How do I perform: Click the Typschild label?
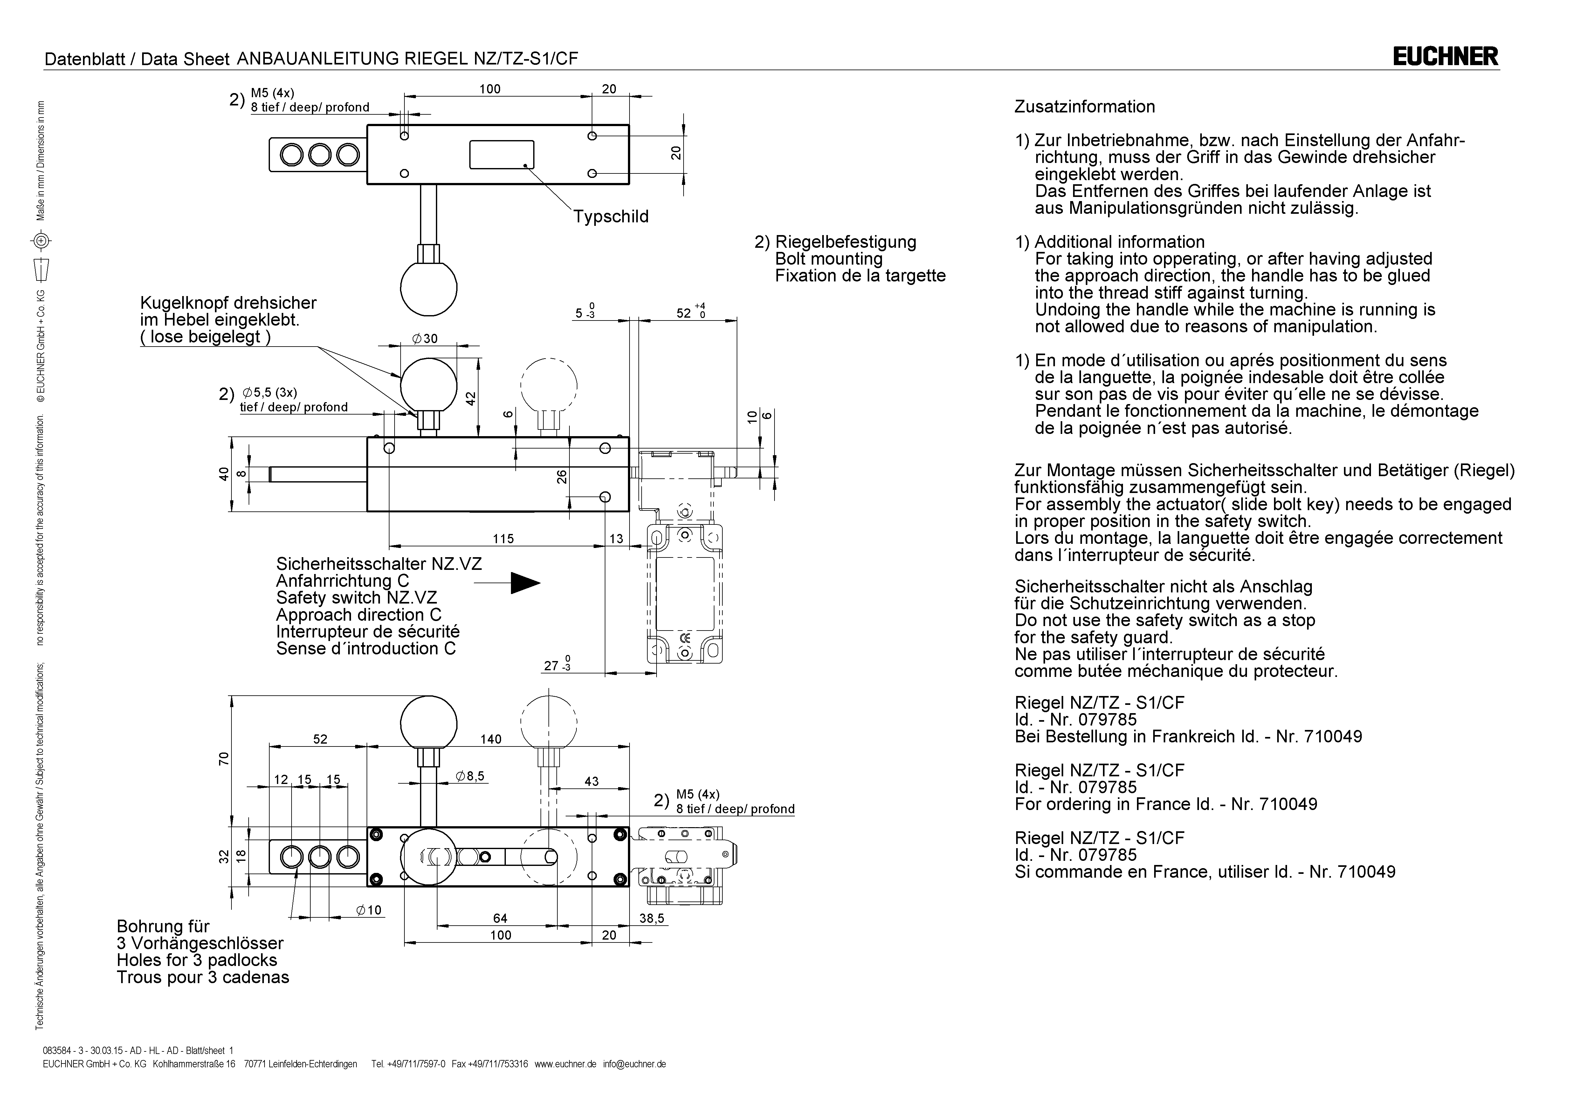click(610, 217)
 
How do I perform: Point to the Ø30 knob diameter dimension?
click(424, 338)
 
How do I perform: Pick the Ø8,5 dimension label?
click(470, 776)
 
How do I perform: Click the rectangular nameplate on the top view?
click(501, 154)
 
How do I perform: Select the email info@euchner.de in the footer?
click(635, 1064)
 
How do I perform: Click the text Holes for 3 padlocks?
click(197, 960)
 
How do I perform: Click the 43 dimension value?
click(591, 781)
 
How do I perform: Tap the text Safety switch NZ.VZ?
click(356, 598)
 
